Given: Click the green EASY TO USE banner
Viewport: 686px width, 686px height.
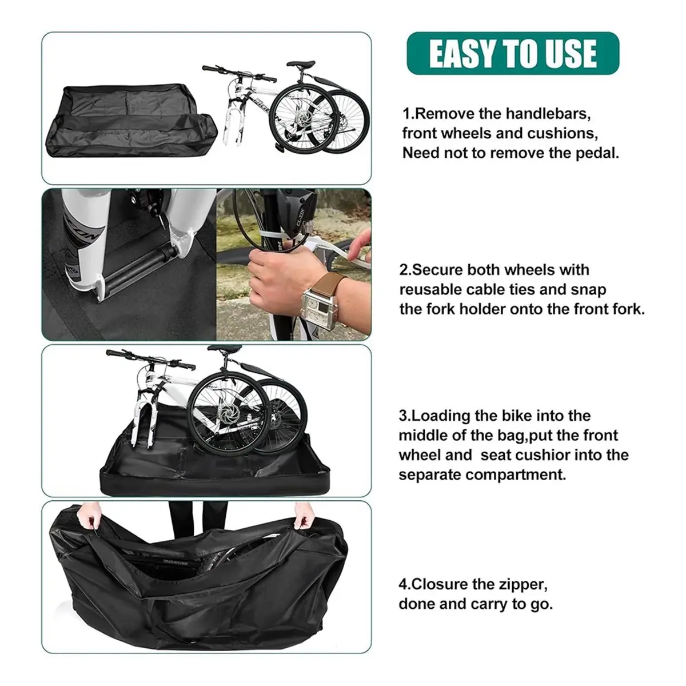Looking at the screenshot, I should (x=513, y=53).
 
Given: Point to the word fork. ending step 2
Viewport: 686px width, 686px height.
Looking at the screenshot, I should (x=625, y=309).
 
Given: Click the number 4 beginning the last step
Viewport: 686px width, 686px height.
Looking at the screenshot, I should (x=403, y=584).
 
